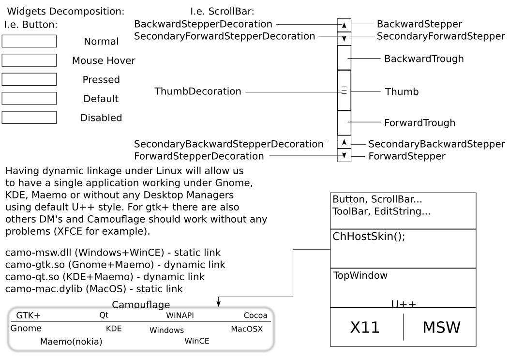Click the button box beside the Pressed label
(x=29, y=79)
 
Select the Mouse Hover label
(x=104, y=60)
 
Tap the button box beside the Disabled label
(x=29, y=117)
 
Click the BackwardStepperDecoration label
(x=203, y=24)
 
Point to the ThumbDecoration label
(x=198, y=91)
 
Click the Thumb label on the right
(x=402, y=91)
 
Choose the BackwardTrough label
(x=424, y=59)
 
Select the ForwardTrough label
(x=419, y=123)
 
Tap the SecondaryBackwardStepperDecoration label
(x=229, y=144)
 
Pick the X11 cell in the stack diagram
(x=365, y=328)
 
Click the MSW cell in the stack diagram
(x=441, y=328)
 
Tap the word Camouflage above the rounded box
(x=141, y=305)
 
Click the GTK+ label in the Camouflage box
(x=28, y=315)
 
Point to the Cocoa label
(x=255, y=315)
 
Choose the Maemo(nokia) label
(x=71, y=342)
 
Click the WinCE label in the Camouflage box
(x=197, y=341)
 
